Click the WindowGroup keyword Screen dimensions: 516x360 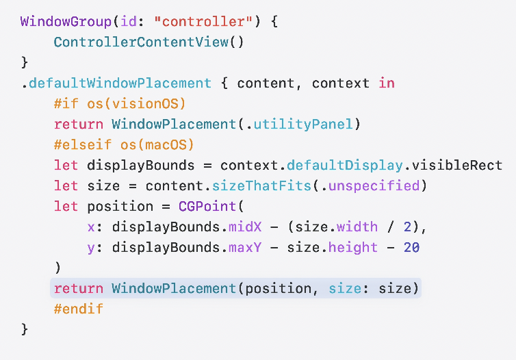pos(61,21)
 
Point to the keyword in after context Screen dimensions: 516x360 pos(387,83)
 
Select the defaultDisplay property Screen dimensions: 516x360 pos(328,165)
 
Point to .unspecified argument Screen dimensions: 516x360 pos(378,185)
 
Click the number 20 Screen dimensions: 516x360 pos(411,247)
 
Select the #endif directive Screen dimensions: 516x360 pos(77,309)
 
